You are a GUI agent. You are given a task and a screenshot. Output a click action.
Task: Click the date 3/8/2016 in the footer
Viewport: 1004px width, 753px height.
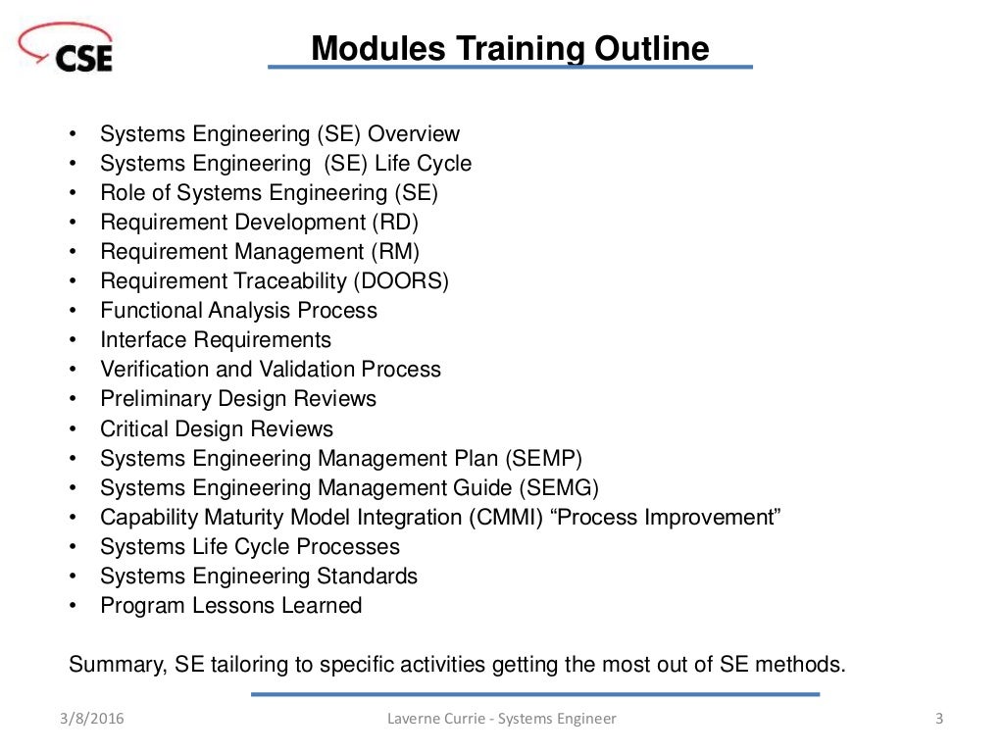coord(93,719)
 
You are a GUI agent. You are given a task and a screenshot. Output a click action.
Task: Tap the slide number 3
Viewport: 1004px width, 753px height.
coord(939,719)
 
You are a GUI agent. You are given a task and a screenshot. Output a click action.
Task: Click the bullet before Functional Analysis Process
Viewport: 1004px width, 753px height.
coord(74,311)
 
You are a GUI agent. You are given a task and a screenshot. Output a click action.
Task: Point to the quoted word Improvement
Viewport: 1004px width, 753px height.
coord(717,517)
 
